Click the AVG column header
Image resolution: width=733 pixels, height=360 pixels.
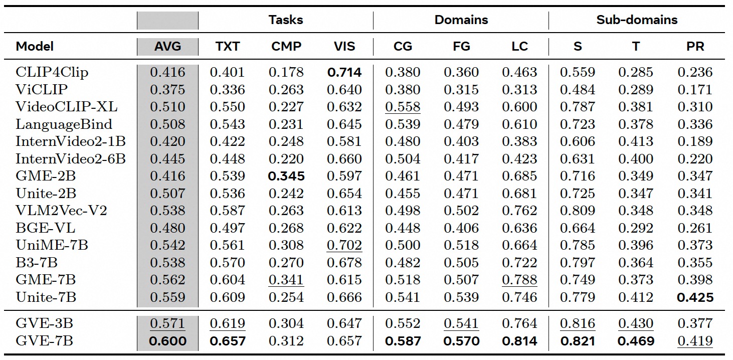pyautogui.click(x=167, y=47)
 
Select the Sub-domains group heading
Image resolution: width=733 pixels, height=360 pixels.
pyautogui.click(x=636, y=20)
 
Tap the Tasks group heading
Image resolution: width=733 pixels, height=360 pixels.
pyautogui.click(x=285, y=20)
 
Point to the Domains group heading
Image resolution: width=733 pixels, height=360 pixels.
pyautogui.click(x=461, y=20)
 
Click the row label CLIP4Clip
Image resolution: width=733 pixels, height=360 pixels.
pyautogui.click(x=52, y=72)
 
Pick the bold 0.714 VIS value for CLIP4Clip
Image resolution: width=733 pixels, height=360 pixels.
pyautogui.click(x=344, y=72)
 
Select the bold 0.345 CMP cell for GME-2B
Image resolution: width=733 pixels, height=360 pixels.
pyautogui.click(x=286, y=176)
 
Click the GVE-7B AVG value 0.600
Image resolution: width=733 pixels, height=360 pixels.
pyautogui.click(x=167, y=341)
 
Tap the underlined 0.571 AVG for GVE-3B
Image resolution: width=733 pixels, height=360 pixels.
pyautogui.click(x=167, y=324)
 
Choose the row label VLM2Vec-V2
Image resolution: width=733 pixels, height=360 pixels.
pyautogui.click(x=61, y=211)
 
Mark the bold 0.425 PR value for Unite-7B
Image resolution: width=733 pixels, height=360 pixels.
pyautogui.click(x=694, y=297)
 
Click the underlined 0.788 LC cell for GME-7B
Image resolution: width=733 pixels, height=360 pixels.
pyautogui.click(x=519, y=280)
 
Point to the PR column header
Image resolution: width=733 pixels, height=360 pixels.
pyautogui.click(x=694, y=47)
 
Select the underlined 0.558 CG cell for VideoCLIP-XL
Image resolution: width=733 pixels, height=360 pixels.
pyautogui.click(x=403, y=107)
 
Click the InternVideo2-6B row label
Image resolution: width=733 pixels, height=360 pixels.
pyautogui.click(x=70, y=159)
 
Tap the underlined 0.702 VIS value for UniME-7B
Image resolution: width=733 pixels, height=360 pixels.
pyautogui.click(x=344, y=245)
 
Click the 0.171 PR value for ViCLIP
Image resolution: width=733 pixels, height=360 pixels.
pyautogui.click(x=694, y=90)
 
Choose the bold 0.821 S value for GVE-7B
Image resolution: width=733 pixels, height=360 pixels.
pyautogui.click(x=577, y=341)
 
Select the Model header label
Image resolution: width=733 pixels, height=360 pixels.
pyautogui.click(x=35, y=47)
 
